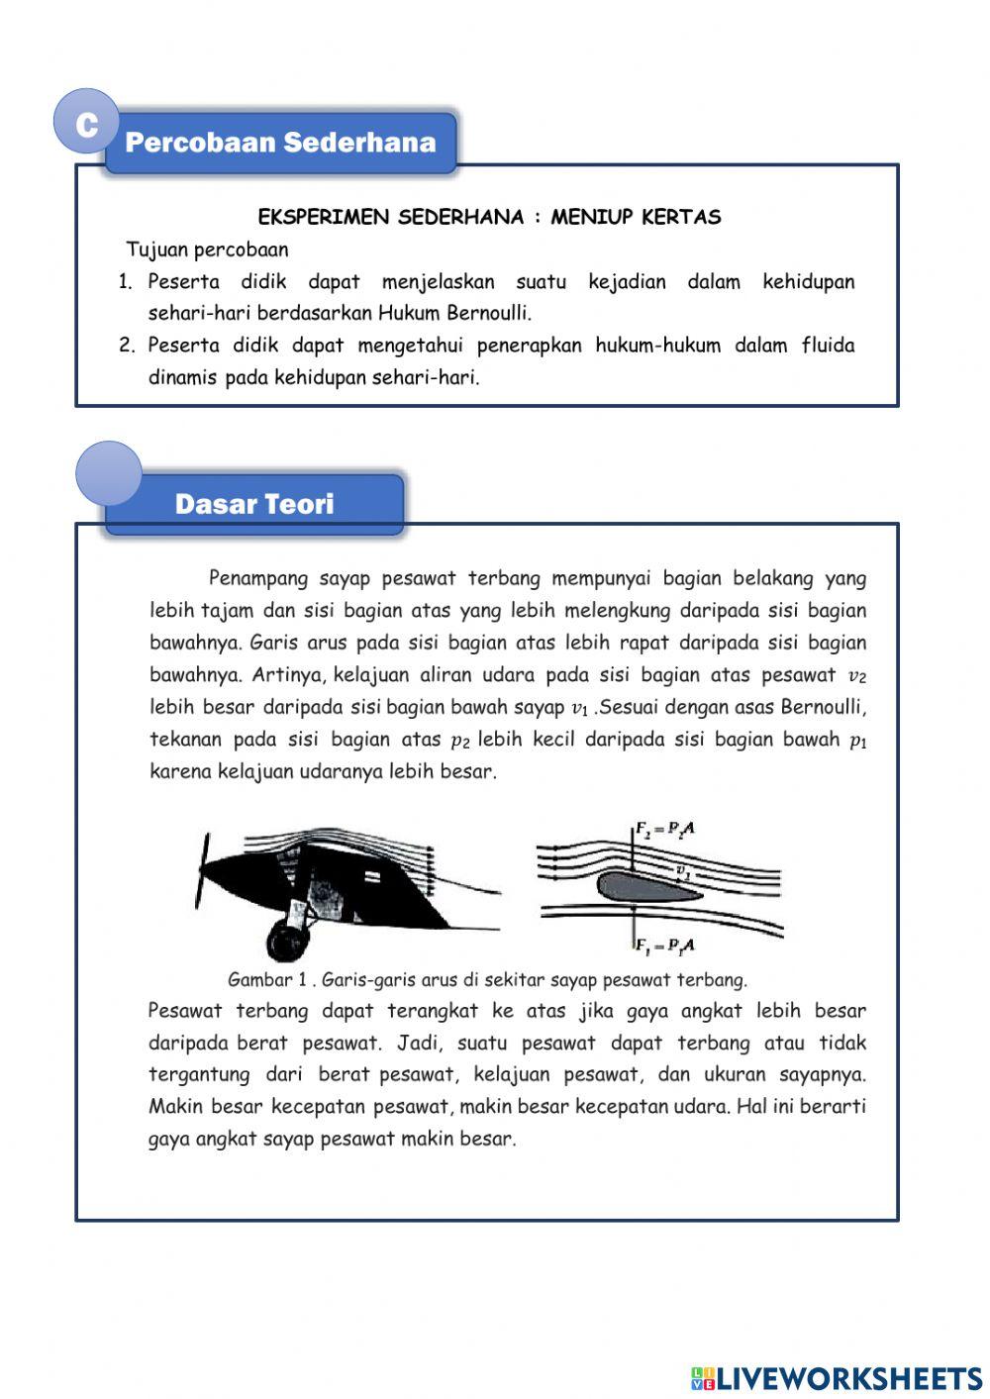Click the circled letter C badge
(x=85, y=124)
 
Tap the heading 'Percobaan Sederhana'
(x=280, y=143)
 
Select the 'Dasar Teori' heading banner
(x=254, y=504)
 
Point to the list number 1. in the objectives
(x=126, y=282)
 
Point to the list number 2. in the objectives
(x=126, y=346)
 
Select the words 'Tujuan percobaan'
(x=207, y=250)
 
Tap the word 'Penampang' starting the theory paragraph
(x=257, y=578)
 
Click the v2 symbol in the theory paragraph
(x=856, y=676)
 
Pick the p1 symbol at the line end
(x=857, y=741)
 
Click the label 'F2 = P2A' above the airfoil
(x=665, y=828)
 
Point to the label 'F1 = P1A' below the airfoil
(x=664, y=946)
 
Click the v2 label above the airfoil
(x=683, y=870)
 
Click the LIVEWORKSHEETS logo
(x=836, y=1377)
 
